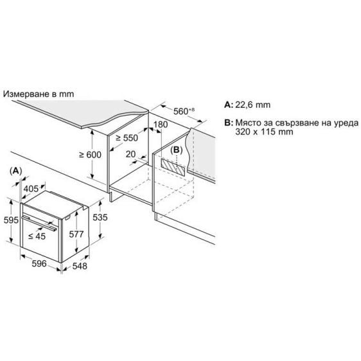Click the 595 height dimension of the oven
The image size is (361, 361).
click(11, 220)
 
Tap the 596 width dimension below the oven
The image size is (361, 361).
click(39, 263)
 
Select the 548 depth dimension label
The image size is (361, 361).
click(80, 266)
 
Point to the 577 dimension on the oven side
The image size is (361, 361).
click(76, 234)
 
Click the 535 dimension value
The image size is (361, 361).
click(100, 217)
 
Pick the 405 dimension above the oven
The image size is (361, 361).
click(31, 189)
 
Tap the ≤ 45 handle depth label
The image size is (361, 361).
click(37, 236)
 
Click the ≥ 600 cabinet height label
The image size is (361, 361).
click(90, 155)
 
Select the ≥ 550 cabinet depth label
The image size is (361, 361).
click(127, 138)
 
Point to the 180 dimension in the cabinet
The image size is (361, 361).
click(161, 125)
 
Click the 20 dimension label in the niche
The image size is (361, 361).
click(130, 154)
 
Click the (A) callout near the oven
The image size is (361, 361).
click(15, 171)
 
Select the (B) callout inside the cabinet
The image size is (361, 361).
click(177, 150)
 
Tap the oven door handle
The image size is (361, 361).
click(39, 223)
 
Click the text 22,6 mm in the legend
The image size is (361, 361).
click(252, 105)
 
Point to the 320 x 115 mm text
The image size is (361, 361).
click(264, 132)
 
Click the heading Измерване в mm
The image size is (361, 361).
click(39, 94)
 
